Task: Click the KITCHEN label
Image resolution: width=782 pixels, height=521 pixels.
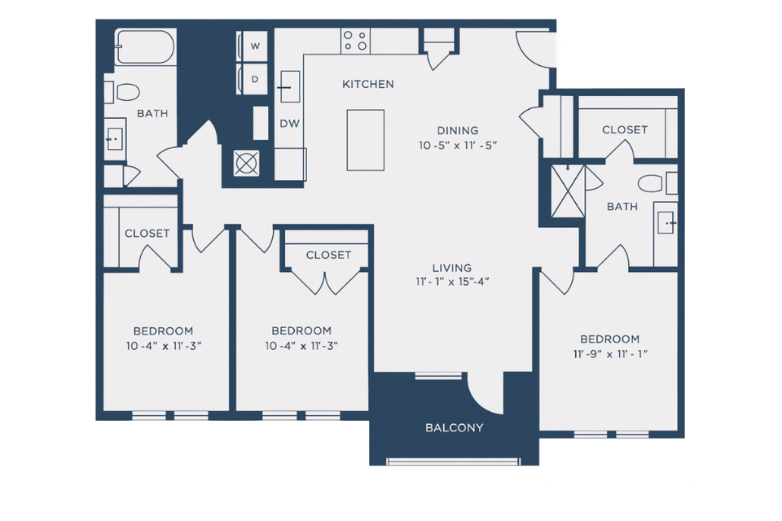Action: pos(367,84)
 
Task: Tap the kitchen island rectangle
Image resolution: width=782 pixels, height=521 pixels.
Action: pos(365,140)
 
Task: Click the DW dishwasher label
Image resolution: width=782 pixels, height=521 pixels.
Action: pos(288,124)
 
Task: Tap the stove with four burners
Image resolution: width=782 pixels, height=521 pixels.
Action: pos(355,40)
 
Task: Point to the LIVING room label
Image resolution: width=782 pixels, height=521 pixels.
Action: pos(452,268)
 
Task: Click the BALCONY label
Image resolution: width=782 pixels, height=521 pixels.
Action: pos(455,427)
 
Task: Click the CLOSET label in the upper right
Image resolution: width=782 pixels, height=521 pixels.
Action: pos(625,129)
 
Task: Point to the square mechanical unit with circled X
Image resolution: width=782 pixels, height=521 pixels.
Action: pos(245,163)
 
